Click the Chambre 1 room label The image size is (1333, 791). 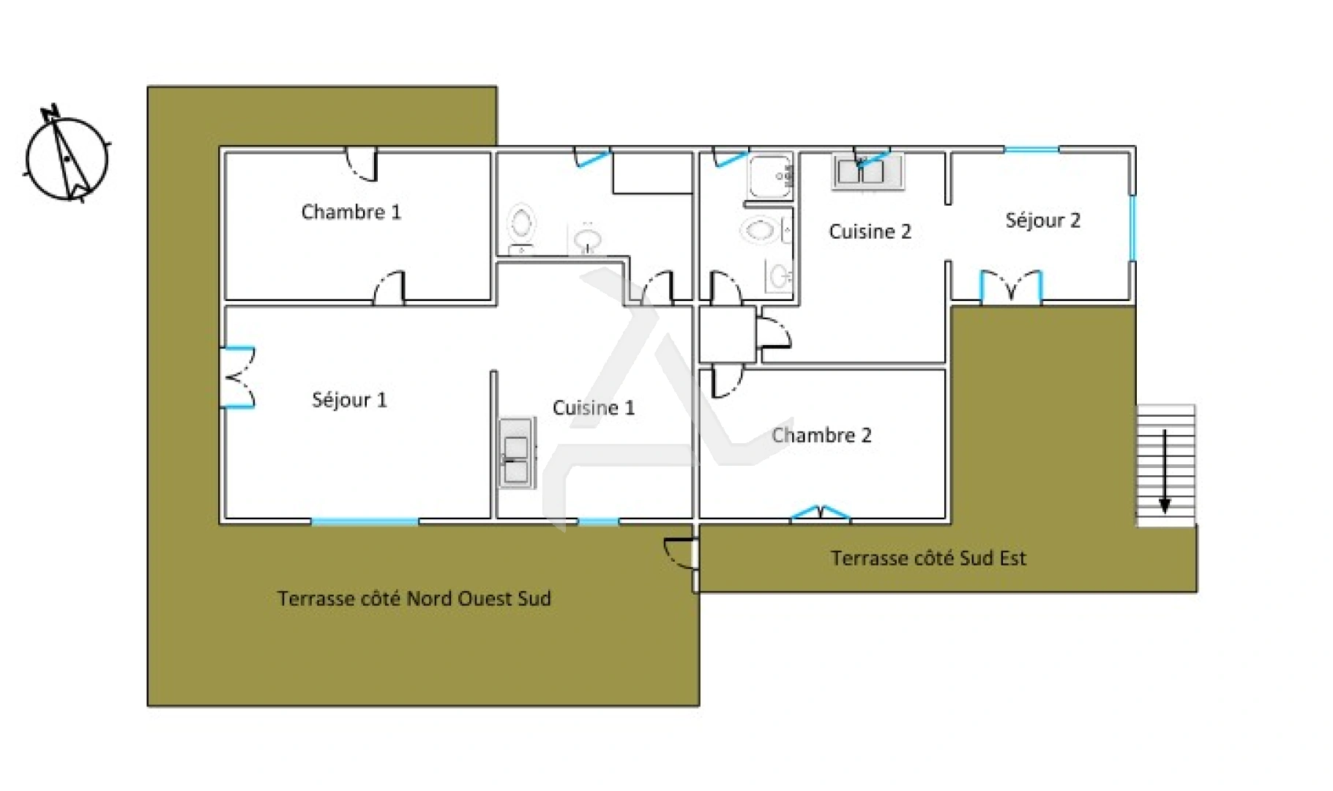coord(351,212)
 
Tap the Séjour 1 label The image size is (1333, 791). coord(349,400)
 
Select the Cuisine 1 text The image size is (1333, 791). coord(594,408)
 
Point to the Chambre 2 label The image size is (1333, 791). coord(821,435)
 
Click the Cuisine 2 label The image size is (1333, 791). coord(870,231)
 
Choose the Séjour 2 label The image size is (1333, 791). coord(1042,220)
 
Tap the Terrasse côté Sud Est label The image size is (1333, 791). coord(928,558)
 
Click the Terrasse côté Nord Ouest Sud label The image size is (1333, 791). coord(414,598)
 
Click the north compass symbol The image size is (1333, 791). coord(67,155)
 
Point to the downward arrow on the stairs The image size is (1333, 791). coord(1165,471)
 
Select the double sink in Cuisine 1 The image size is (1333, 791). coord(517,453)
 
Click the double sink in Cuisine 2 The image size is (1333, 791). coord(867,172)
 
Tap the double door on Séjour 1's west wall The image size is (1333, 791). coord(238,377)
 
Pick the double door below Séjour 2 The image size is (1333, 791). coord(1011,286)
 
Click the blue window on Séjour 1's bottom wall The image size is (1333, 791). coord(365,521)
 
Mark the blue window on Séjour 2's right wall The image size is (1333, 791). coord(1132,227)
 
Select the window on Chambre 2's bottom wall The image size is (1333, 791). coord(821,513)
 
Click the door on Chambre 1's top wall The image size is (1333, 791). coord(362,164)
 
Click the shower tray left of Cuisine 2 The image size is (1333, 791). coord(770,176)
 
